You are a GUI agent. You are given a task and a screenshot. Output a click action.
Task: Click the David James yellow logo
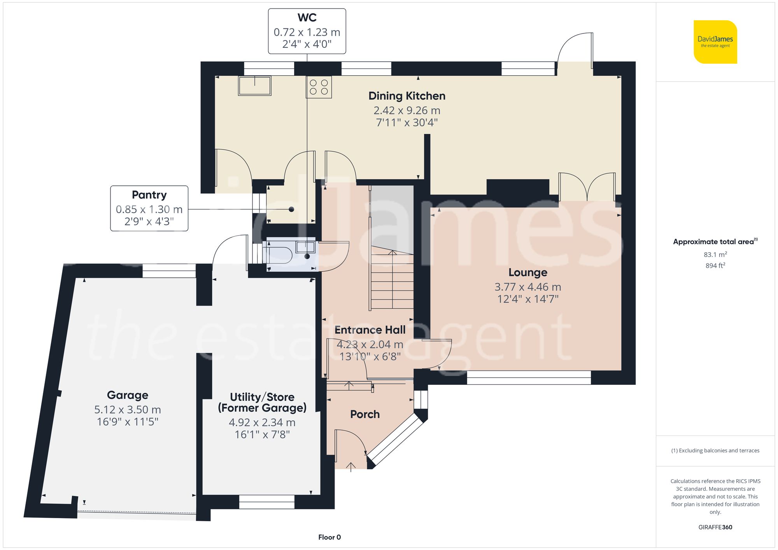(715, 42)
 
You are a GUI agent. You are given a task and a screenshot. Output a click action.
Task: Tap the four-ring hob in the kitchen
(319, 87)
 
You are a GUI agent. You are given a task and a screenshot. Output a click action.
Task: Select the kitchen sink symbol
(255, 86)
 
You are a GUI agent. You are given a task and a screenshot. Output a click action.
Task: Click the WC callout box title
(307, 18)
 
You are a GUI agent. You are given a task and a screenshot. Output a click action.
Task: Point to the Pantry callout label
(149, 195)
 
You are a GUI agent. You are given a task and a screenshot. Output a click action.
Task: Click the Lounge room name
(527, 272)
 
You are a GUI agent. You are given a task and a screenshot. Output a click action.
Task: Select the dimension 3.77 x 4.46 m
(527, 287)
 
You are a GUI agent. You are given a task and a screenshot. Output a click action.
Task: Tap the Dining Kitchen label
(407, 96)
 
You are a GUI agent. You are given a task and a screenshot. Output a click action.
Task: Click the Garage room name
(128, 395)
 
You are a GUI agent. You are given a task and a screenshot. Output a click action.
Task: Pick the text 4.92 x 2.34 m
(262, 422)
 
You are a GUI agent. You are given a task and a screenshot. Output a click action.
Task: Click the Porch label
(364, 414)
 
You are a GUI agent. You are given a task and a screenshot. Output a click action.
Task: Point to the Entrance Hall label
(370, 330)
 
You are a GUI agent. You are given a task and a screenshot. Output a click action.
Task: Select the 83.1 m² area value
(715, 255)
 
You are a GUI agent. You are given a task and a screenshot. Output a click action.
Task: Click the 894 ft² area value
(715, 265)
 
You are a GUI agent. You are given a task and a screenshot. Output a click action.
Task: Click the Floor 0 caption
(329, 537)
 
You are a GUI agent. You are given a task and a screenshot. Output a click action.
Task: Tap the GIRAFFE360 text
(715, 527)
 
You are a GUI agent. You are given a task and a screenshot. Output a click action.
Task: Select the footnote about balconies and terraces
(715, 450)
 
